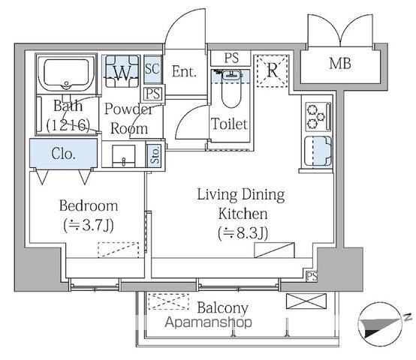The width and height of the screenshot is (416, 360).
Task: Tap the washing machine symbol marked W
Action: (x=122, y=71)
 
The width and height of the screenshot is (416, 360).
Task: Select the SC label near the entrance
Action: (x=152, y=68)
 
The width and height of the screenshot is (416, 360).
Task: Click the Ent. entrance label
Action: (x=184, y=71)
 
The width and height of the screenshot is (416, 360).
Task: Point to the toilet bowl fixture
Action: (x=231, y=88)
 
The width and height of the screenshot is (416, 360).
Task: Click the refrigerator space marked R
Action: (x=271, y=71)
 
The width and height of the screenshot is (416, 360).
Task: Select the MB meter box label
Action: (x=340, y=64)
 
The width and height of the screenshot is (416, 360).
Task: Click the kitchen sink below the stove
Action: (x=318, y=151)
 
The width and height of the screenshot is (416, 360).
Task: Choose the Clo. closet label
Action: (x=63, y=154)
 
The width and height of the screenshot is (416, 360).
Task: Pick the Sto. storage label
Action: (x=155, y=156)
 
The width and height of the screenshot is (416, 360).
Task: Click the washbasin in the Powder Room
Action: (x=124, y=156)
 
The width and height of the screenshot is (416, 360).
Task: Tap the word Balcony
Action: (x=222, y=308)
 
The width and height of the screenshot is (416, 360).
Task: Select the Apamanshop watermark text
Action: (x=208, y=322)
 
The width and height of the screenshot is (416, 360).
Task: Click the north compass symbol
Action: (x=381, y=324)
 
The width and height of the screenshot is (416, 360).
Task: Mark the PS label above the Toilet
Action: (x=231, y=58)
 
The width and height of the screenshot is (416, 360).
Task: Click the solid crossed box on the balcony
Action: (x=306, y=301)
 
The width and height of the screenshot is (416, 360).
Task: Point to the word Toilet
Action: (x=229, y=124)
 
